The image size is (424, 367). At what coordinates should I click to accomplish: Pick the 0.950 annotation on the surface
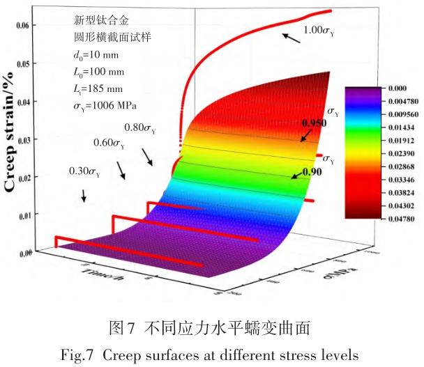pyautogui.click(x=314, y=123)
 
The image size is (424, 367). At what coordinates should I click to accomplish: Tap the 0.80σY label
pyautogui.click(x=140, y=128)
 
